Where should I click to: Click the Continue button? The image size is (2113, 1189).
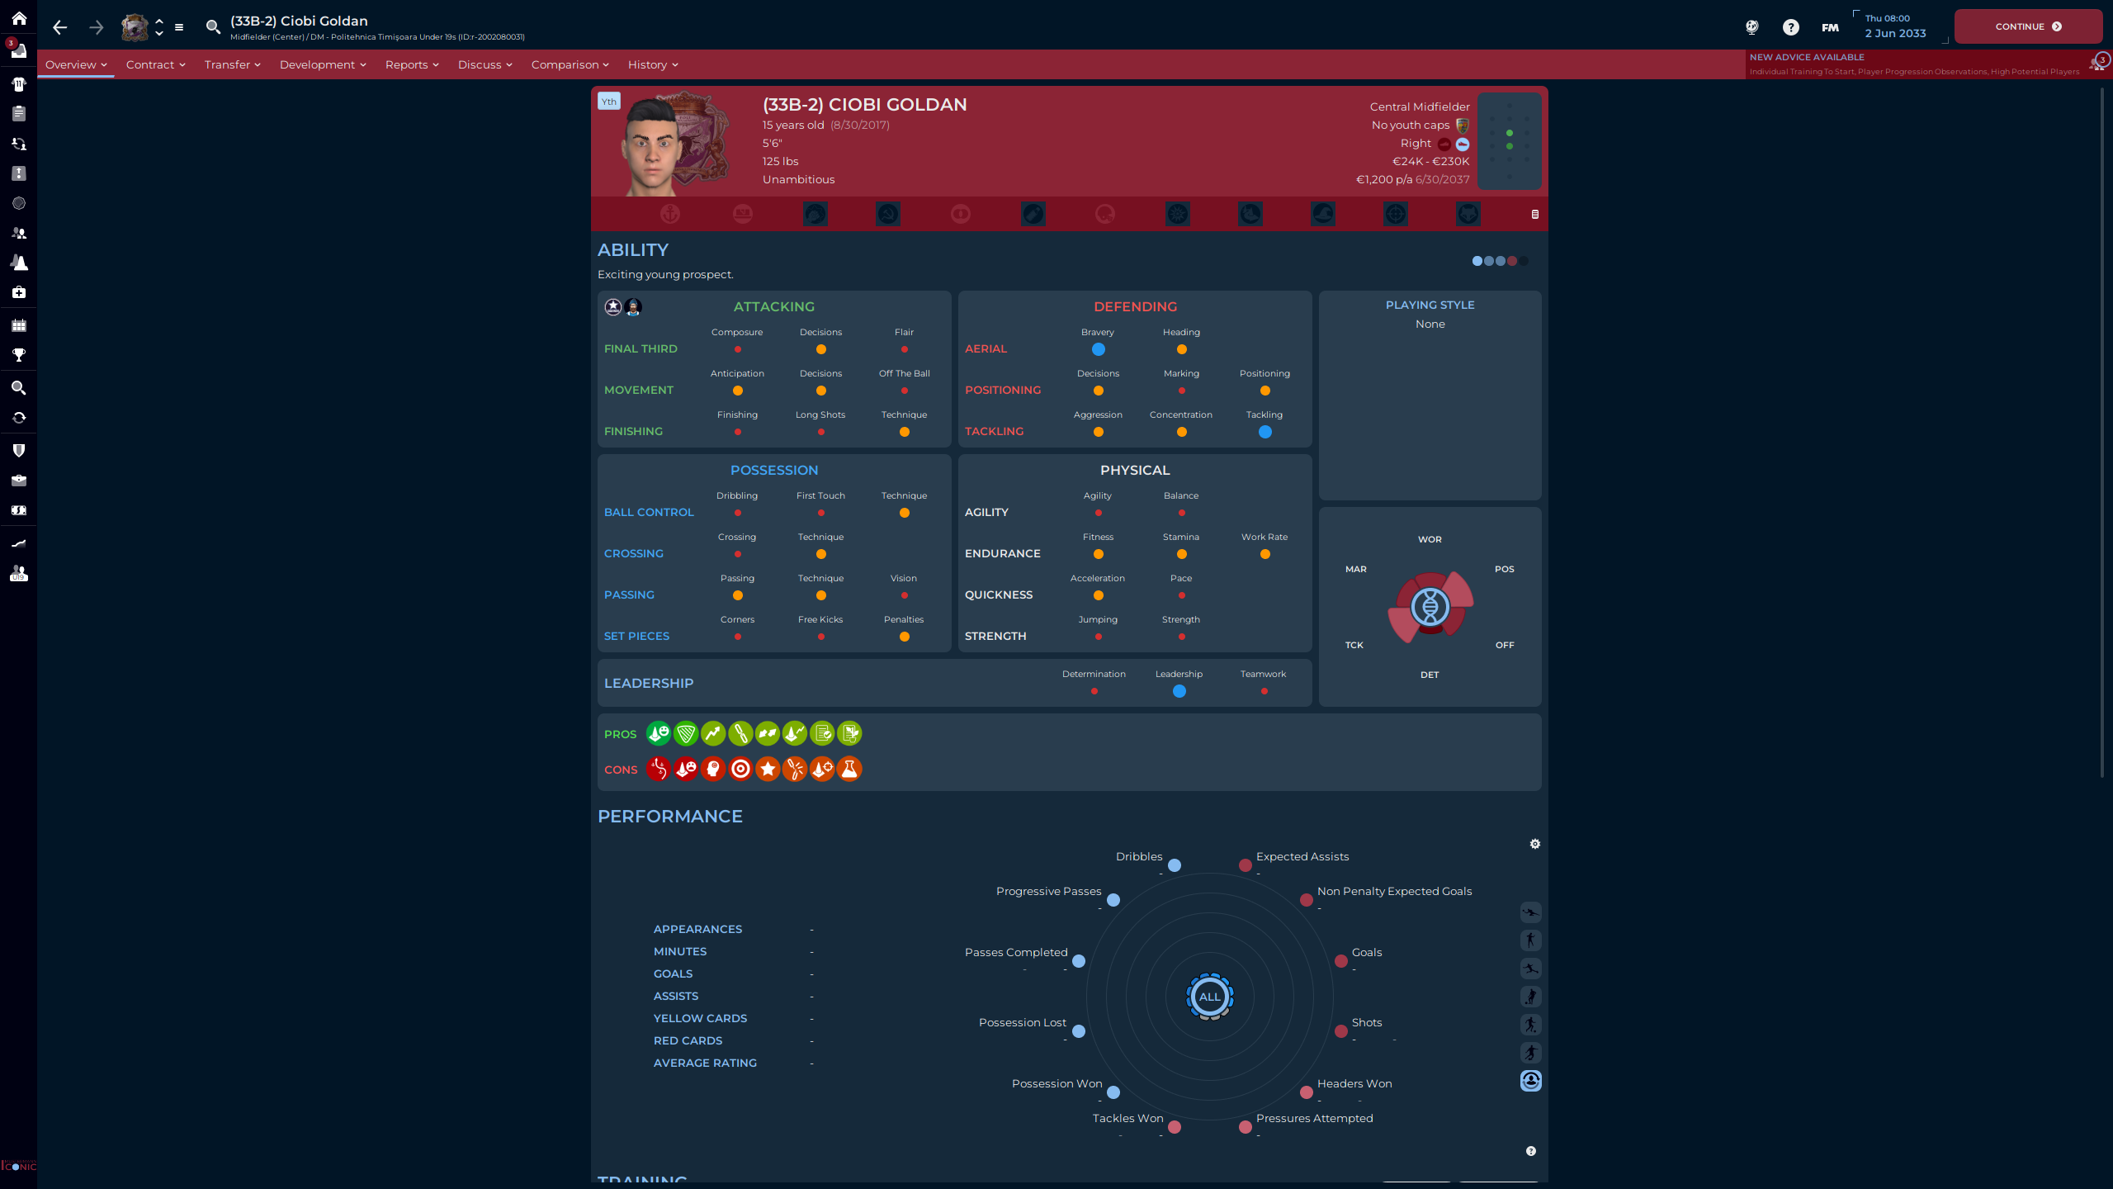click(x=2027, y=26)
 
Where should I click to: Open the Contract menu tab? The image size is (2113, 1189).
click(x=155, y=64)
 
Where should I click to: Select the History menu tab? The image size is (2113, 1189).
click(x=652, y=64)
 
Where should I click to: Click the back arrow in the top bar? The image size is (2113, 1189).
click(x=59, y=27)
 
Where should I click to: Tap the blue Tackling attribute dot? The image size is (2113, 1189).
click(x=1264, y=432)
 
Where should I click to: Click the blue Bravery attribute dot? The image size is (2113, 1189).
click(x=1098, y=349)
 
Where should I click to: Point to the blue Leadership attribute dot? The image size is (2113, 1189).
click(x=1179, y=691)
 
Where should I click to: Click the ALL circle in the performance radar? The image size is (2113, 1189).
click(x=1209, y=997)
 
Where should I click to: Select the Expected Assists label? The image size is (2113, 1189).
click(x=1302, y=856)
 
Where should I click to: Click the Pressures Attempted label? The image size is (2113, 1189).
click(x=1314, y=1118)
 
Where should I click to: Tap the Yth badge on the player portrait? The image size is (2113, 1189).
click(x=609, y=102)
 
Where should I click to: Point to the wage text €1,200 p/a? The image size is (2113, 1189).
click(x=1383, y=179)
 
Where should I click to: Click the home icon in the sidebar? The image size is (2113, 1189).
click(x=18, y=18)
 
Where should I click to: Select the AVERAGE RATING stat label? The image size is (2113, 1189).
click(x=705, y=1063)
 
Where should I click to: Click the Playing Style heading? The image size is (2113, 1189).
click(x=1430, y=305)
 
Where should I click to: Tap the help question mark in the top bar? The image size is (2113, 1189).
click(x=1790, y=27)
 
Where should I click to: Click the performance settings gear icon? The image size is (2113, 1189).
click(x=1534, y=844)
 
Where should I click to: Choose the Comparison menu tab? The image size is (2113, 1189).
click(x=570, y=64)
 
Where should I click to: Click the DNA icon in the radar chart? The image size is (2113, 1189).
click(x=1430, y=608)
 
